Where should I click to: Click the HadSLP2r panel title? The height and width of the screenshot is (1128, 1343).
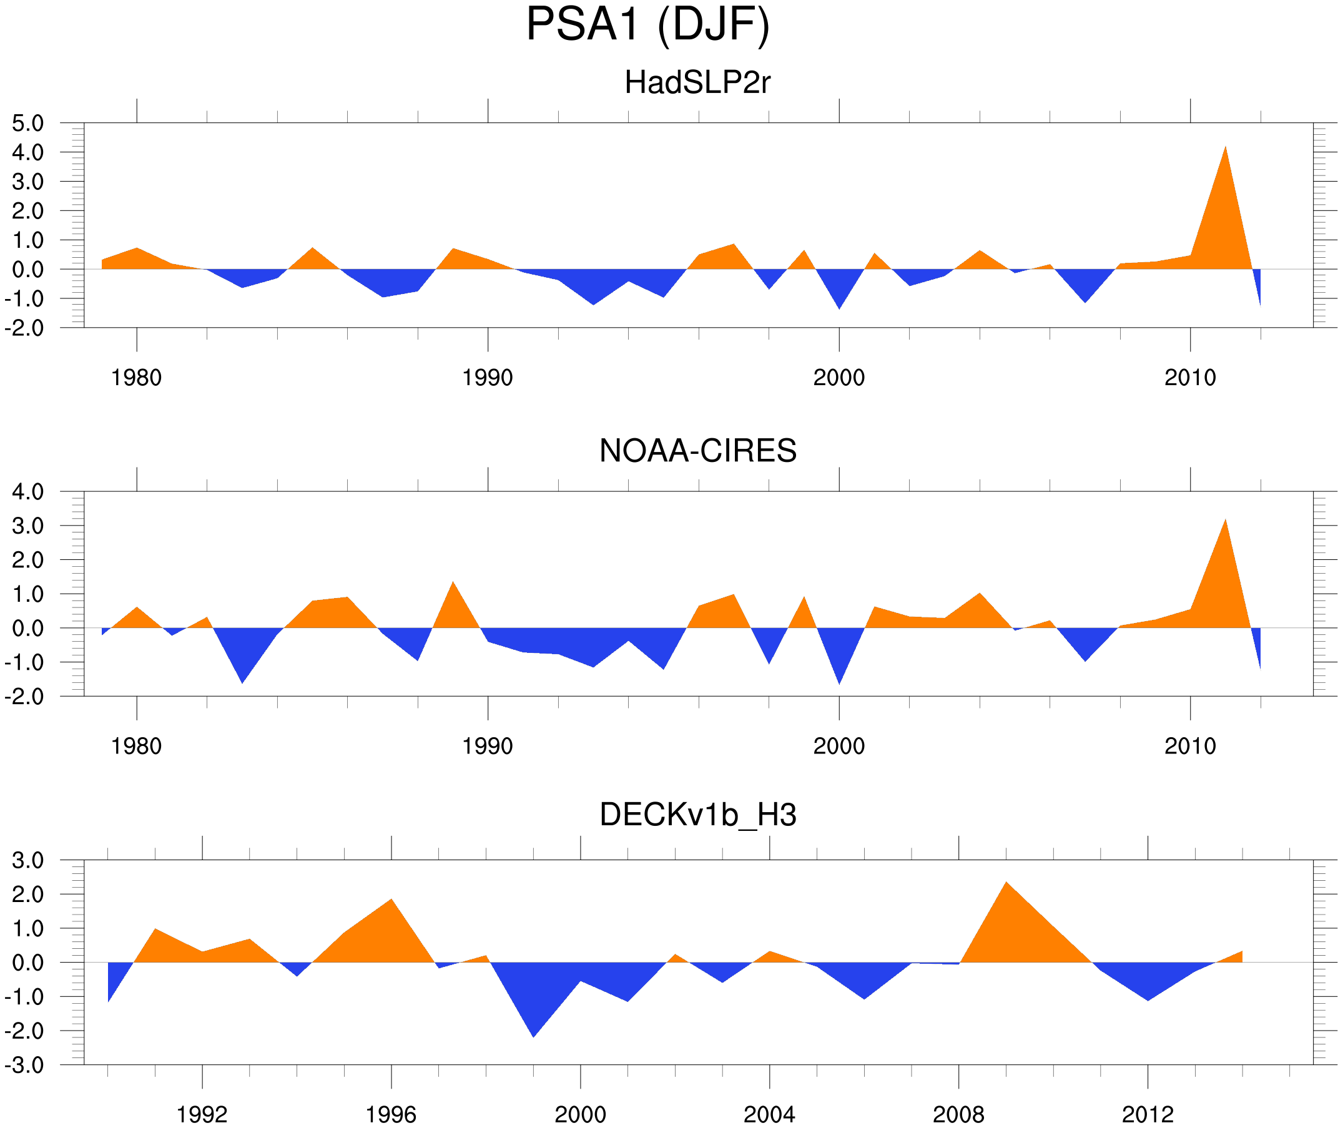click(x=697, y=83)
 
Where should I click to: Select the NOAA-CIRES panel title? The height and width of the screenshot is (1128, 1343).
click(x=697, y=451)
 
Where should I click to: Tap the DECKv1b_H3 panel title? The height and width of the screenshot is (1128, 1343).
click(x=697, y=815)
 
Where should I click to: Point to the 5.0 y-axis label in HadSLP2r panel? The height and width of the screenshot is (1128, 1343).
click(x=27, y=124)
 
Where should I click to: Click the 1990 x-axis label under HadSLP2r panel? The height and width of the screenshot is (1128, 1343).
click(x=488, y=378)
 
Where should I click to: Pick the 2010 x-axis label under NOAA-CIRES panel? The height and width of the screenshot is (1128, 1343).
click(x=1189, y=746)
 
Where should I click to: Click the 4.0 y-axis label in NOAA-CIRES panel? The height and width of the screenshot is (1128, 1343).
click(x=27, y=493)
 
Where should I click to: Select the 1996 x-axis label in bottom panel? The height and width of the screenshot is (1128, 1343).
click(x=391, y=1116)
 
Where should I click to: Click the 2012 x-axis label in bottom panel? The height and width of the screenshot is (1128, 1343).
click(x=1148, y=1116)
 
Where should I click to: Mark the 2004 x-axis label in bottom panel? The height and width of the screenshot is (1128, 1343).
click(x=769, y=1116)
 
